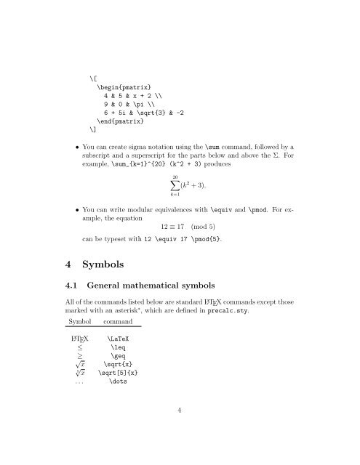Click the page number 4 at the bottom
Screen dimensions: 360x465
click(x=179, y=429)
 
